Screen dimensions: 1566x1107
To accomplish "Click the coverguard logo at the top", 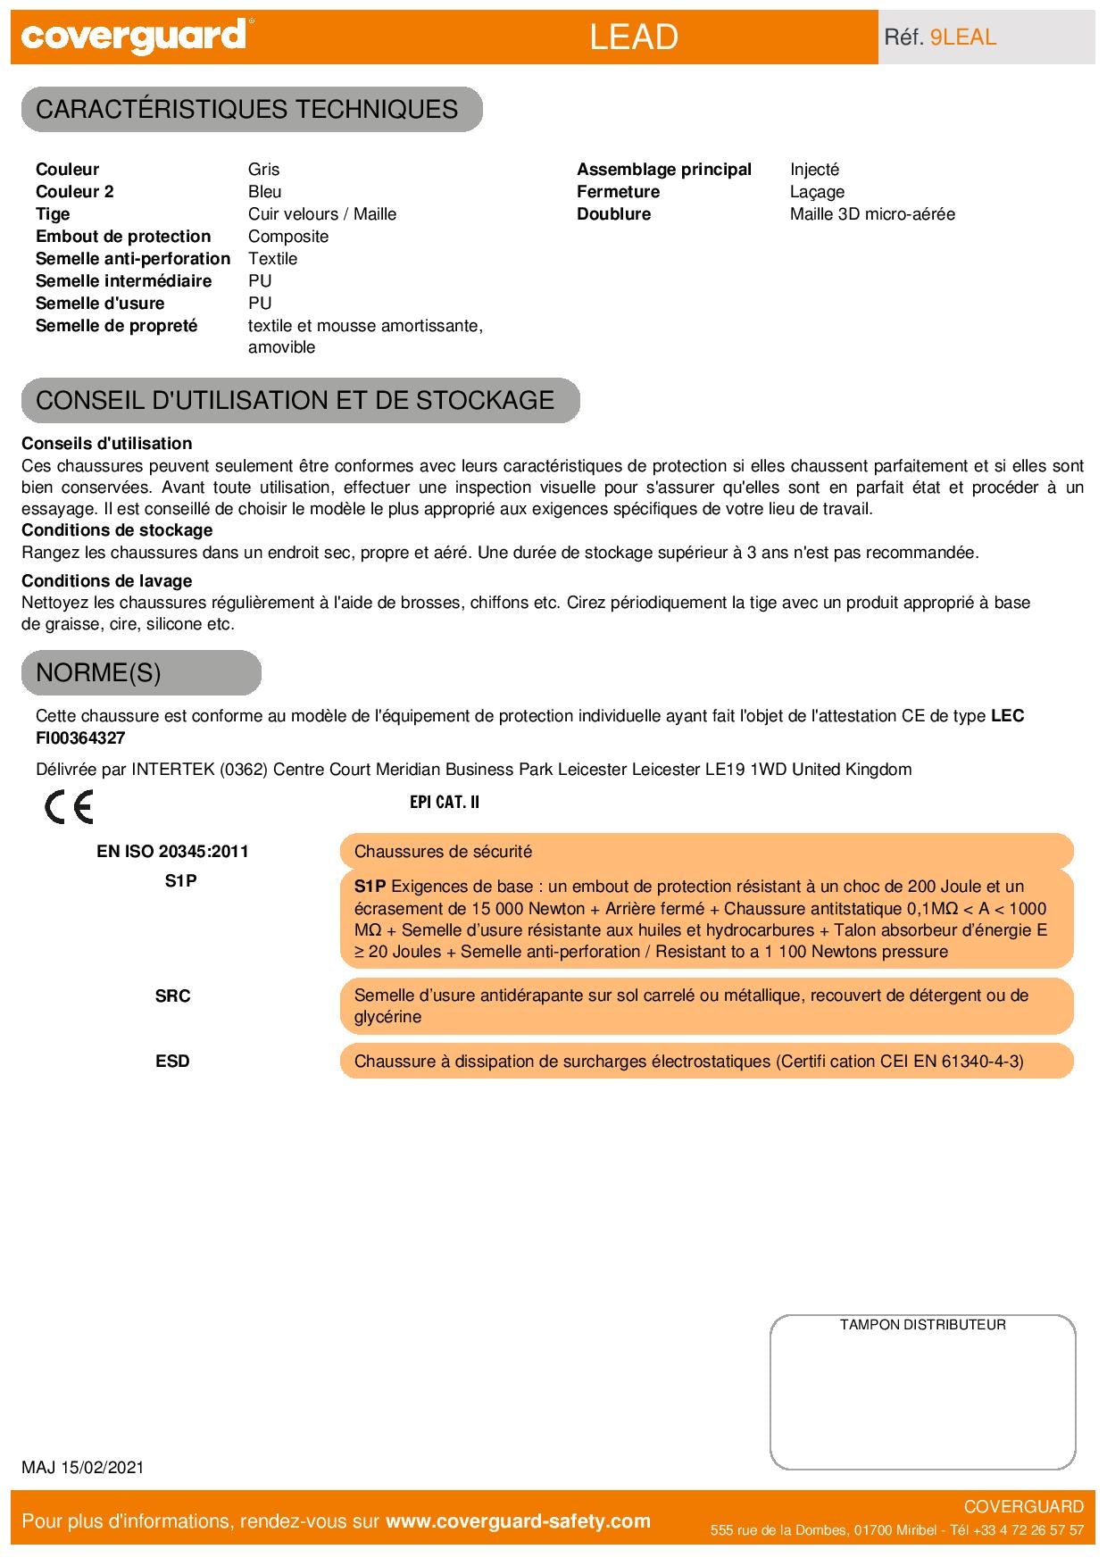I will click(134, 37).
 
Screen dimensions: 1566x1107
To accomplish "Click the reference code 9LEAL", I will click(962, 37).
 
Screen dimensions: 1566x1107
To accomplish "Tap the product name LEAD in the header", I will click(634, 37).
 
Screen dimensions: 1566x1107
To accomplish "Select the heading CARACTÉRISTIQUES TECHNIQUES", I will click(247, 109).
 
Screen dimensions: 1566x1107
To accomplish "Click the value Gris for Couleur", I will click(264, 170).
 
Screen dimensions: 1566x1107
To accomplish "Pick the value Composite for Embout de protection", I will click(288, 237).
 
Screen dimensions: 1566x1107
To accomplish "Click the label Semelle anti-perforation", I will click(133, 259).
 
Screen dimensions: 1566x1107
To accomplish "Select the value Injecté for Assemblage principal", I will click(814, 170).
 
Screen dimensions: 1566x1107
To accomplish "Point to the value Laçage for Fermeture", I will click(817, 192).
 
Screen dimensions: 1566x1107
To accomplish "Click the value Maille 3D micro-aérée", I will click(872, 214).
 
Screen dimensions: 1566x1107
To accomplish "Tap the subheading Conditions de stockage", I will click(117, 530).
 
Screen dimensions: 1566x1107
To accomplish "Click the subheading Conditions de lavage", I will click(107, 581).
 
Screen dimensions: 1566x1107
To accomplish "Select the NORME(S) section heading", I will click(98, 672).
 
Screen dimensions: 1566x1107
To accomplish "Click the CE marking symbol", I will click(69, 807).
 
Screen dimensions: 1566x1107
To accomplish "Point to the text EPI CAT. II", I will click(445, 802).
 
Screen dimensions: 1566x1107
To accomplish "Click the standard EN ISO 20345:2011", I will click(172, 852).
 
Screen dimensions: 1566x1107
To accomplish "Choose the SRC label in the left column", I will click(172, 996).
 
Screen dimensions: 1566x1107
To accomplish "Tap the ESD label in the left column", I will click(172, 1062).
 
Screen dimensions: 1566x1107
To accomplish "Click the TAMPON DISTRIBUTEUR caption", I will click(922, 1325).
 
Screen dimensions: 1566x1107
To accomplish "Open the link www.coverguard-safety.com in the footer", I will click(518, 1521).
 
